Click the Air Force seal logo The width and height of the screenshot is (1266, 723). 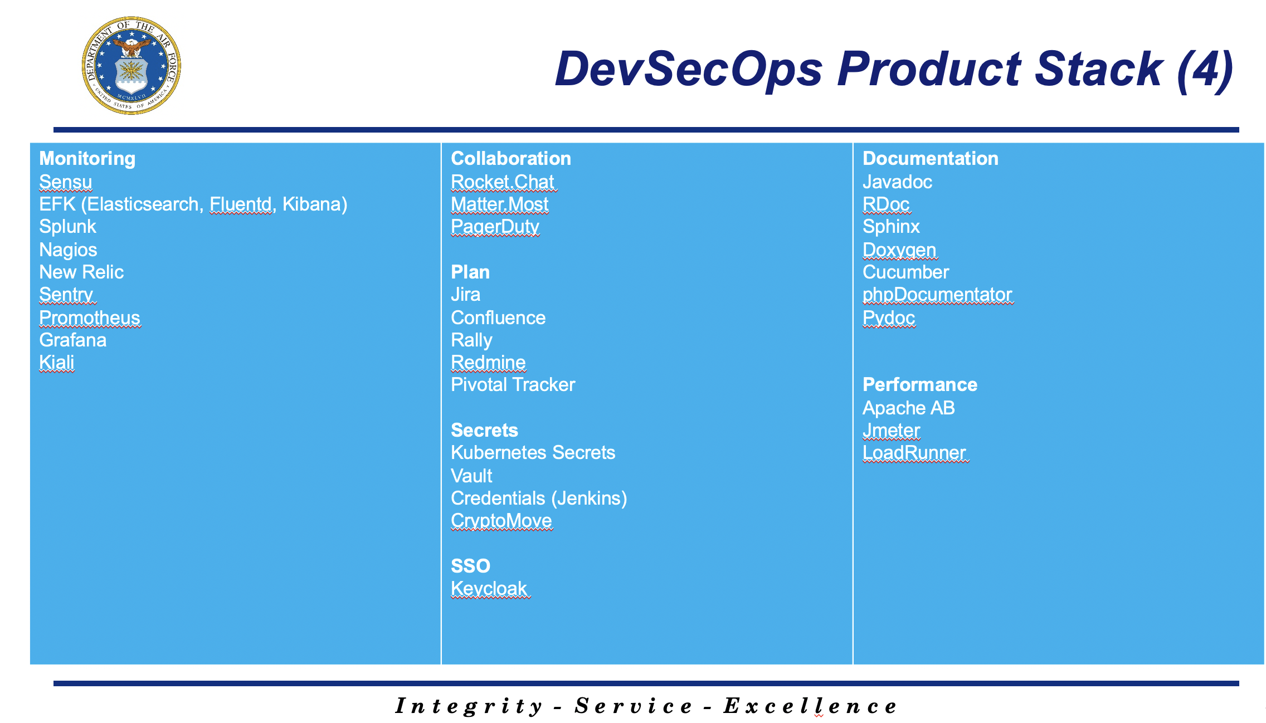pos(132,66)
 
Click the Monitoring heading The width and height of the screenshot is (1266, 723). pos(87,159)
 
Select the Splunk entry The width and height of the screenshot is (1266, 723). pos(67,227)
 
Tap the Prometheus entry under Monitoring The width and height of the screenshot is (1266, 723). pos(90,317)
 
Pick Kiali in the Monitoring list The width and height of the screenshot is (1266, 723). pos(56,363)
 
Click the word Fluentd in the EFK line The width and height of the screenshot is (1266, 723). pos(241,204)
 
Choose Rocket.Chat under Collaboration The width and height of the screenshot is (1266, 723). pos(503,182)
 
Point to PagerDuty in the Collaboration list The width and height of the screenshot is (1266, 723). pos(495,227)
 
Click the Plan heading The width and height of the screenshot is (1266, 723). pos(470,272)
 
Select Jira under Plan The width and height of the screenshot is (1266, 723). pos(465,295)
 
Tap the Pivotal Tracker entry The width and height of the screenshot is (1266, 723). pos(513,385)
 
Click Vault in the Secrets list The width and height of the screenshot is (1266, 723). pos(471,476)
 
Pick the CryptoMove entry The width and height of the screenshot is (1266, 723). pos(501,521)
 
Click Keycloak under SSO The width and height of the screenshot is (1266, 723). pos(489,589)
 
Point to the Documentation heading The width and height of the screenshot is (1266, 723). pos(931,159)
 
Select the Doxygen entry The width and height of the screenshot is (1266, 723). pos(899,250)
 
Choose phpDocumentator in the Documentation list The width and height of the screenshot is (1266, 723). pos(937,295)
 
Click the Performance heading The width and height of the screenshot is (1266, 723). pos(920,385)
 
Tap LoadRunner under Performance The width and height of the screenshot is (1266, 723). pos(914,453)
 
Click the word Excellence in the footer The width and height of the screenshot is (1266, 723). pos(810,706)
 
